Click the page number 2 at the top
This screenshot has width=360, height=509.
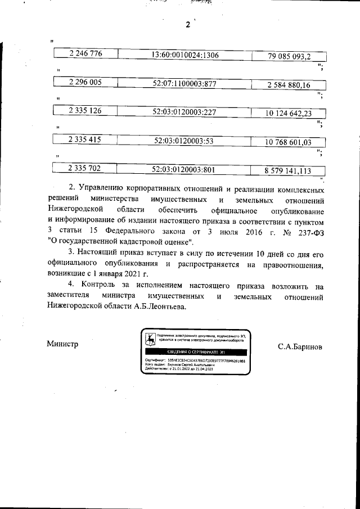click(x=188, y=25)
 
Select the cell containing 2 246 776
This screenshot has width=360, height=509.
click(x=85, y=55)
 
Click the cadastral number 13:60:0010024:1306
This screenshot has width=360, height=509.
click(x=186, y=55)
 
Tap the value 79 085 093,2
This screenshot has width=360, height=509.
click(x=289, y=56)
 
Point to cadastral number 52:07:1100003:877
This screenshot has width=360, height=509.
click(x=185, y=83)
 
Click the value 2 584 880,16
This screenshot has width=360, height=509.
click(x=289, y=85)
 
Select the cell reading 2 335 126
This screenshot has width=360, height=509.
click(x=85, y=111)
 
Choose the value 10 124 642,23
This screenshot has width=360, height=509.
click(x=289, y=113)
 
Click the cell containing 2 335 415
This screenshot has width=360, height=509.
click(x=85, y=140)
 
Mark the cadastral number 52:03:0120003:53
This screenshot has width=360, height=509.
click(x=184, y=141)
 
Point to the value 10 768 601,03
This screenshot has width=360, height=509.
click(x=289, y=142)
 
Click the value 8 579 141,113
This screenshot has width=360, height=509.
click(x=288, y=170)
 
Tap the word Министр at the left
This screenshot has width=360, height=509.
click(x=62, y=344)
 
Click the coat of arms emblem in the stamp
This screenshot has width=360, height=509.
click(x=150, y=339)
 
